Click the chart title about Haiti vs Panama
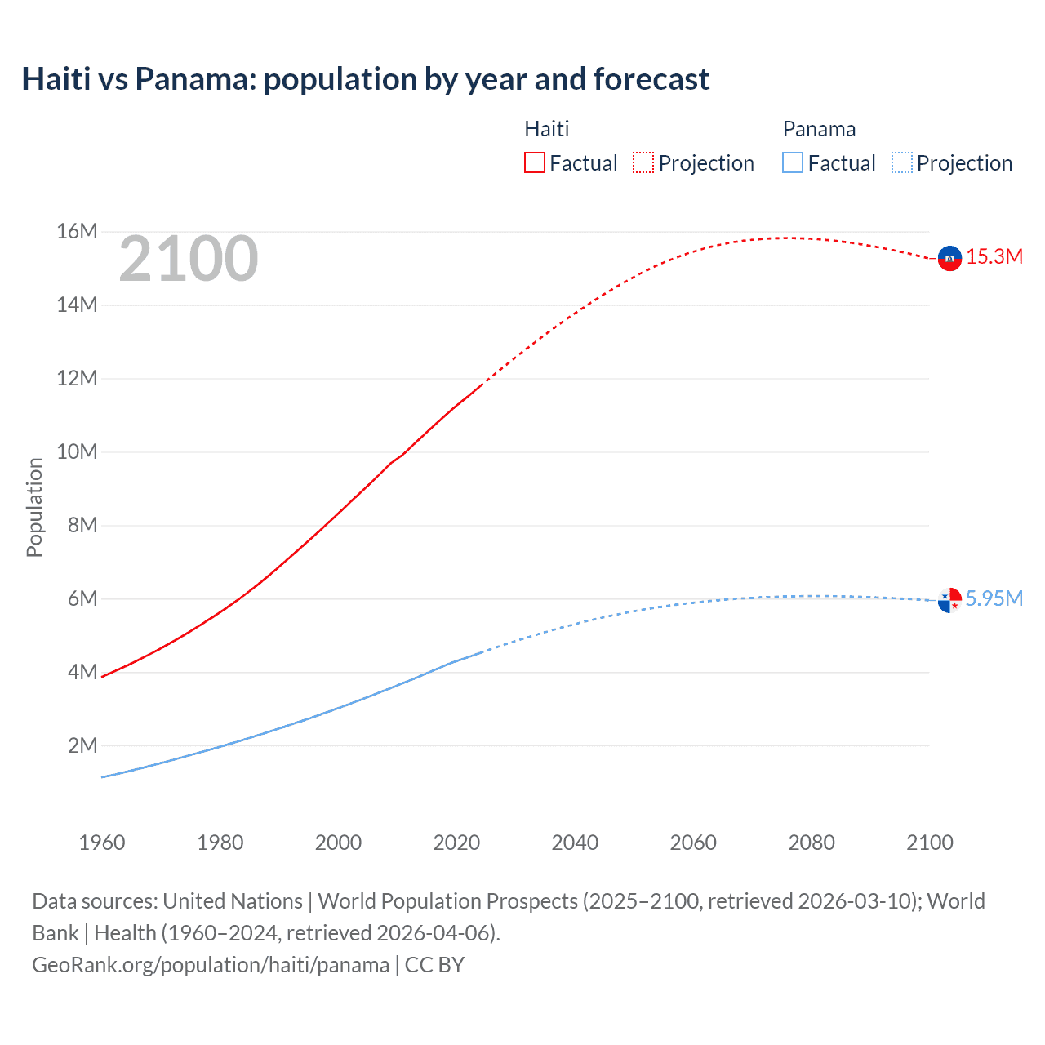tap(365, 79)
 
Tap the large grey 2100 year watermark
tap(189, 259)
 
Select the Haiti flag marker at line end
tap(949, 258)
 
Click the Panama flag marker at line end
tap(949, 600)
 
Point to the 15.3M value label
tap(994, 257)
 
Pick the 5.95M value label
tap(994, 598)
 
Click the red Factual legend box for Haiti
tap(534, 162)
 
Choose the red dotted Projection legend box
tap(643, 162)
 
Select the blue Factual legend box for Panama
tap(792, 162)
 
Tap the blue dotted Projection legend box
tap(902, 162)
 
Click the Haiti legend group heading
tap(546, 129)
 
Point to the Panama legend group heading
tap(819, 129)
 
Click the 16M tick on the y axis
tap(77, 232)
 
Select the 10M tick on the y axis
tap(77, 452)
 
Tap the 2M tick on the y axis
tap(82, 745)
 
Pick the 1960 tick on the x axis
tap(102, 843)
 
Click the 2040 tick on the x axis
tap(575, 843)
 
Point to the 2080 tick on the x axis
tap(812, 843)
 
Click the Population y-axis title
tap(34, 507)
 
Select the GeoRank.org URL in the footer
tap(211, 965)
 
